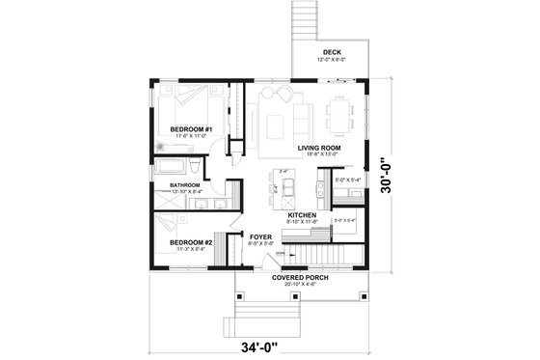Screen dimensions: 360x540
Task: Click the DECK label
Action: [x=332, y=51]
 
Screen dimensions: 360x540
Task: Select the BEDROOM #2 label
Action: [x=189, y=242]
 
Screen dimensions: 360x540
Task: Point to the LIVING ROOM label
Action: [x=320, y=148]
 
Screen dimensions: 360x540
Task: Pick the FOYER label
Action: [x=259, y=236]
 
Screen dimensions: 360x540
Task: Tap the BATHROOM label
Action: [x=184, y=184]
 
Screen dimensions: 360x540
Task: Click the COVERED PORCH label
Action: [x=300, y=277]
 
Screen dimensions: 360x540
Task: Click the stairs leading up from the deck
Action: [x=305, y=20]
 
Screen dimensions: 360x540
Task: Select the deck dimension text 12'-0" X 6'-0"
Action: [x=332, y=60]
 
